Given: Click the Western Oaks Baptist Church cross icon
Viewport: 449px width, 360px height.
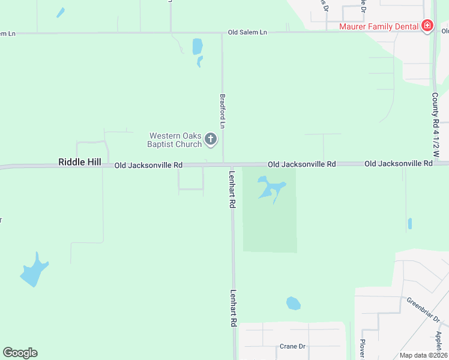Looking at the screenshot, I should pyautogui.click(x=210, y=140).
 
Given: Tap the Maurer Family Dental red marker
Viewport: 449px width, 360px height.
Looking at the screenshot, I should pyautogui.click(x=427, y=26).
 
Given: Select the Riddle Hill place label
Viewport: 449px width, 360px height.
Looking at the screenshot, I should pyautogui.click(x=80, y=163).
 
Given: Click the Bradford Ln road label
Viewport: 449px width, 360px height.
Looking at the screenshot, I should pyautogui.click(x=222, y=110).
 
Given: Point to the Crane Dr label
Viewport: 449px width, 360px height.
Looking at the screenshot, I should pyautogui.click(x=293, y=347).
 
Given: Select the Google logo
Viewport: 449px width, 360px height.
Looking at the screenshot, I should pyautogui.click(x=20, y=353).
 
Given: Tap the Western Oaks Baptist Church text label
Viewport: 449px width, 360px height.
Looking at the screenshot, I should pyautogui.click(x=175, y=140).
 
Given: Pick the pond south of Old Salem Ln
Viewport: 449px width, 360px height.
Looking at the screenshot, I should pyautogui.click(x=197, y=47).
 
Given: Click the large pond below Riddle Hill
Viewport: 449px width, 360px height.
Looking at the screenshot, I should pyautogui.click(x=34, y=271).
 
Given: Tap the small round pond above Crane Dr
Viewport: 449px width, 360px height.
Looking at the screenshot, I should pyautogui.click(x=293, y=303).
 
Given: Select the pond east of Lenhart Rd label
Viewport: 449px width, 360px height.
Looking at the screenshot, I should pyautogui.click(x=270, y=187).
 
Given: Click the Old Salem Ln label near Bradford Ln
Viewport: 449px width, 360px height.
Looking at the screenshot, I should pyautogui.click(x=247, y=32).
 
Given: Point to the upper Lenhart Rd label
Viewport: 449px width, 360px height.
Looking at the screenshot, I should pyautogui.click(x=232, y=189).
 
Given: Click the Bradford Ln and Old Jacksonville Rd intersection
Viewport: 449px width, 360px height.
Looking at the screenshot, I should pyautogui.click(x=223, y=164).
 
